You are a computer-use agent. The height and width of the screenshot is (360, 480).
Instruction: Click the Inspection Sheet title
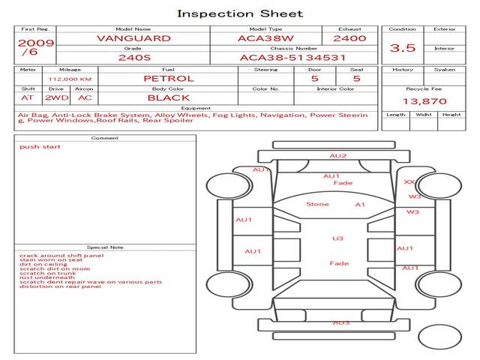coord(240,13)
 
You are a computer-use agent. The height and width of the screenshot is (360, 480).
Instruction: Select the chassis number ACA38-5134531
coord(293,57)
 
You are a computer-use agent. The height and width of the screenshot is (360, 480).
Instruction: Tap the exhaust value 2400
coord(349,37)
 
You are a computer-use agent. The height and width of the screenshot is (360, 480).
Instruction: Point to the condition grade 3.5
coord(403,47)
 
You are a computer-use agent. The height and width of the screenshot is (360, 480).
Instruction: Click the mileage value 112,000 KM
coord(70,78)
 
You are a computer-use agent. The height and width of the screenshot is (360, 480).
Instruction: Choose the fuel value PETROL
coord(168,78)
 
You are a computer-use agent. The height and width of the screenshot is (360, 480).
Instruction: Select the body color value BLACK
coord(168,97)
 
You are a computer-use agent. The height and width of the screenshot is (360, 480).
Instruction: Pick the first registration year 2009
coord(35,43)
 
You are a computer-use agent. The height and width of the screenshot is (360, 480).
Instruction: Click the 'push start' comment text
coord(40,147)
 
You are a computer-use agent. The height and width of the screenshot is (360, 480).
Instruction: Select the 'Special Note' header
coord(105,247)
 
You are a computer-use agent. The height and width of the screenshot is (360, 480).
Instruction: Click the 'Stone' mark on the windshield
coord(317,204)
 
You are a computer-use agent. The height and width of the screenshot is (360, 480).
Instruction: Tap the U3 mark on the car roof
coord(337,238)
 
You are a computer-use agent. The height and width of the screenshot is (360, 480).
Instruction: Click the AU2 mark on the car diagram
coord(338,156)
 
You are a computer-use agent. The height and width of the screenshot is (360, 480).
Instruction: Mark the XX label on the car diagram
coord(409,181)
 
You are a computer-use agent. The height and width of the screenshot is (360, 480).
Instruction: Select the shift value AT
coord(28,97)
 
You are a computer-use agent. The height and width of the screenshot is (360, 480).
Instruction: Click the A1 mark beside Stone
coord(360,204)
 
